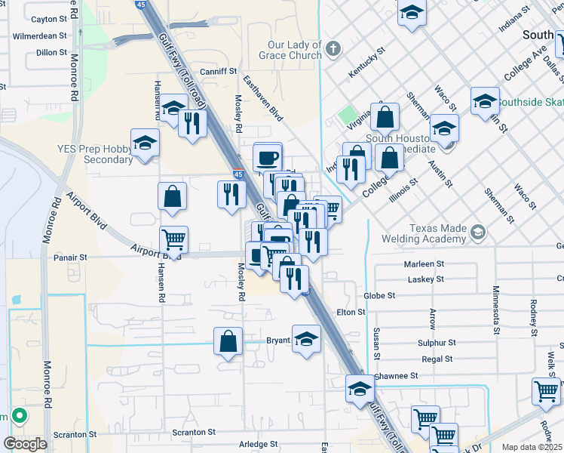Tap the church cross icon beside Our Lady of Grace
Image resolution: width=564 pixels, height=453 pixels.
point(334,51)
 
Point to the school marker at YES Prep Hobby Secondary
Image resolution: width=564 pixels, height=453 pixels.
point(145,142)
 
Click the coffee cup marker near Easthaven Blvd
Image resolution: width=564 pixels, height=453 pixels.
point(268,157)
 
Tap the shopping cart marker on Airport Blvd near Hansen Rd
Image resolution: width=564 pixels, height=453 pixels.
point(174,240)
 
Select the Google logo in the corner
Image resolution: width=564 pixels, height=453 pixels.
point(25,444)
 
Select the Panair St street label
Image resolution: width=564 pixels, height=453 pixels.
point(71,257)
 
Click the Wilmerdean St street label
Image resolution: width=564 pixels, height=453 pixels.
point(40,35)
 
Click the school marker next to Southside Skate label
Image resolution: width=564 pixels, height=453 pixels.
point(484,101)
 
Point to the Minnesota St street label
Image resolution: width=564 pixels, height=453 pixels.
point(496,309)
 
